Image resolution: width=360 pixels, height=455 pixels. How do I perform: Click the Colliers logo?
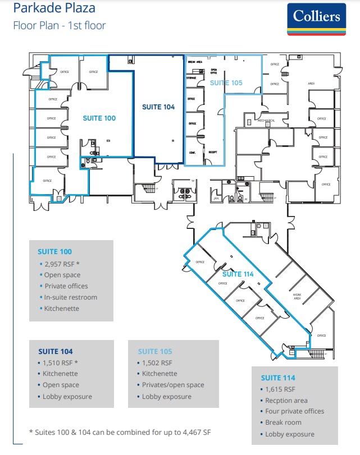tap(316, 20)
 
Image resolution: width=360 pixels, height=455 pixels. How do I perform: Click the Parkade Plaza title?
tap(54, 8)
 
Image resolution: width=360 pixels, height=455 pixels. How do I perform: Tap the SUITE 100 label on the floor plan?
tap(99, 118)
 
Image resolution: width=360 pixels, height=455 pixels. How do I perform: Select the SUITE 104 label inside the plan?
tap(158, 107)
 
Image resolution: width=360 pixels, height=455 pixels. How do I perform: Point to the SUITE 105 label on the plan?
tap(226, 82)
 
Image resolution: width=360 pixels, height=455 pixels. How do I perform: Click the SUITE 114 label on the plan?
tap(238, 274)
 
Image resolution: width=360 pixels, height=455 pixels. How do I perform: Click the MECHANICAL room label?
tap(266, 121)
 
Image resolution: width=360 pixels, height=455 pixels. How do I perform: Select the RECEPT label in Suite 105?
tap(213, 152)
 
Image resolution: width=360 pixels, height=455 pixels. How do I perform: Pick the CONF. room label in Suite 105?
tap(193, 152)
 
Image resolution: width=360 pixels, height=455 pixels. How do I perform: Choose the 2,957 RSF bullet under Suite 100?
tap(62, 264)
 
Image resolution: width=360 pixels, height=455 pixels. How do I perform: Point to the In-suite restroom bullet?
tap(70, 297)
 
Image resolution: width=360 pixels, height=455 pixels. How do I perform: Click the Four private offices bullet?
tap(294, 411)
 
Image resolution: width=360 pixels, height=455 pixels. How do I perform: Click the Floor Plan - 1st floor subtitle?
tap(60, 25)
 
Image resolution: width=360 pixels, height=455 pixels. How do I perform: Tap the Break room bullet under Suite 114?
tap(283, 422)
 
